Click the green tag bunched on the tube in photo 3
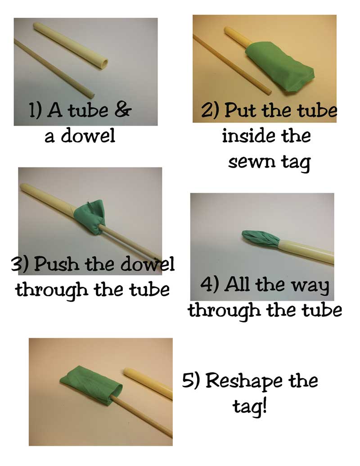[x=90, y=217]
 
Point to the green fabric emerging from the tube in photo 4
[x=260, y=238]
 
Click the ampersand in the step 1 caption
[x=122, y=110]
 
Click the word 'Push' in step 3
[x=57, y=263]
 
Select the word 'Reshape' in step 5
[x=244, y=382]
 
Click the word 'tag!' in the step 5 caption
[x=249, y=407]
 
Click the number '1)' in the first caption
[x=36, y=110]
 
